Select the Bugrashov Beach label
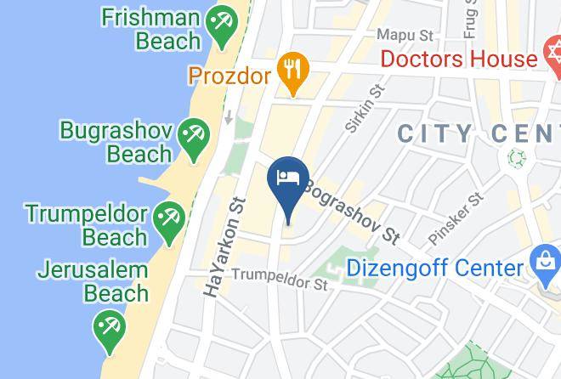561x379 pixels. tap(116, 142)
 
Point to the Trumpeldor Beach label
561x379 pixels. tap(85, 223)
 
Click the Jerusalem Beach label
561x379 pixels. tap(93, 282)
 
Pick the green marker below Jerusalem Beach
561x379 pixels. tap(110, 331)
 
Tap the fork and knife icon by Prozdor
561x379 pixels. tap(293, 73)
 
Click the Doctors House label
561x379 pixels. tap(458, 59)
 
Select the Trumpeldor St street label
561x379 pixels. tap(280, 277)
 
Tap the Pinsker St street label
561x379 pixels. tap(456, 217)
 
